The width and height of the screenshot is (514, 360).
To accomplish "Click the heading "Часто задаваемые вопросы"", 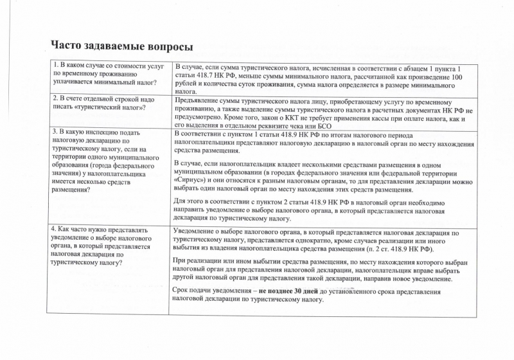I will click(x=122, y=47).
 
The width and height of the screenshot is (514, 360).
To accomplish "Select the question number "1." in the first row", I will click(x=55, y=66).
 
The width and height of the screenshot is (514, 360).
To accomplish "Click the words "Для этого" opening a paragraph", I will click(x=190, y=201).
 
